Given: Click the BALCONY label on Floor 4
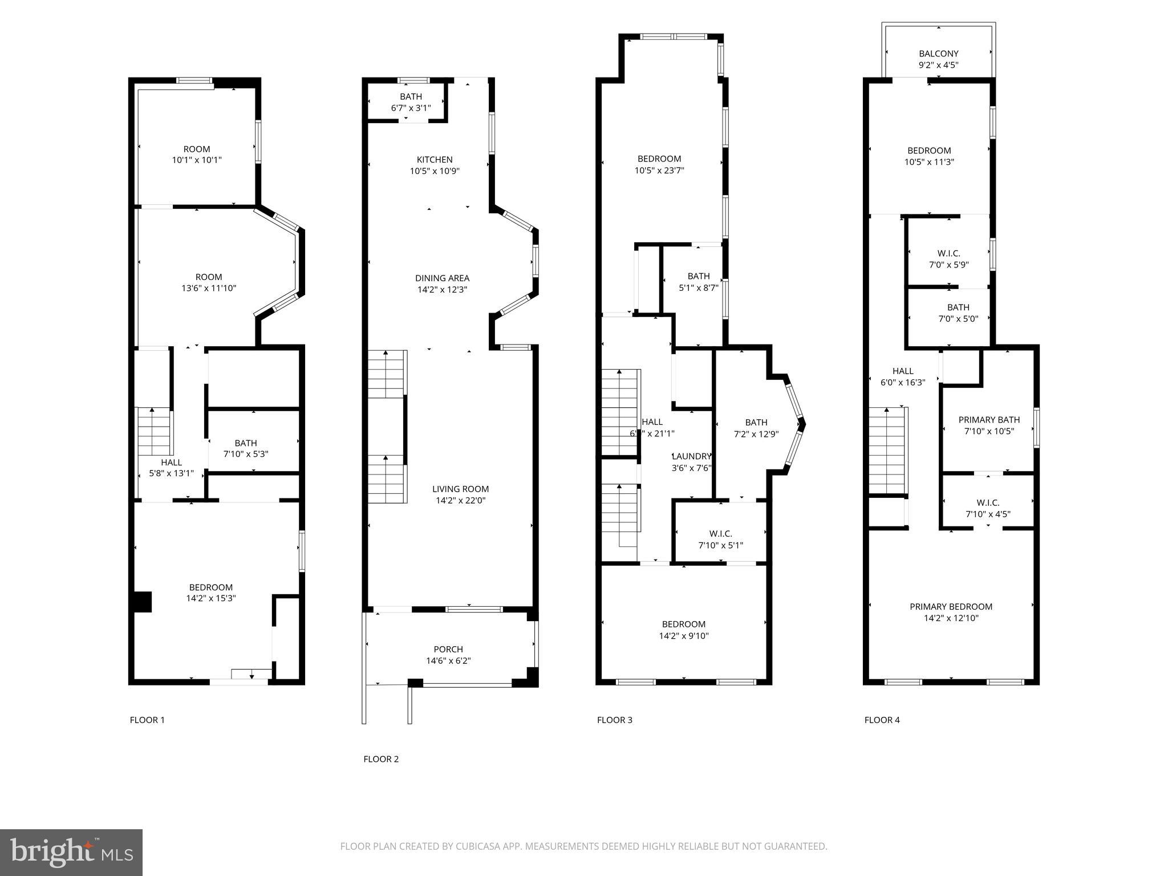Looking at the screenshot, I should pyautogui.click(x=938, y=54).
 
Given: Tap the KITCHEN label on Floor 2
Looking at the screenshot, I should pyautogui.click(x=435, y=160).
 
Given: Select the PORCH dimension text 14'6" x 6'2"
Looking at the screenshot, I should pyautogui.click(x=448, y=661).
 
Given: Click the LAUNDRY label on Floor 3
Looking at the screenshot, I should pyautogui.click(x=692, y=456).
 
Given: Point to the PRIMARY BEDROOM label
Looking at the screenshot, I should pyautogui.click(x=951, y=607).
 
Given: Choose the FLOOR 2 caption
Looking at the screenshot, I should pyautogui.click(x=381, y=759).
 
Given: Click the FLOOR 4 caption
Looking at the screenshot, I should pyautogui.click(x=882, y=720).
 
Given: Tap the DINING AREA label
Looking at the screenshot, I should pyautogui.click(x=442, y=278).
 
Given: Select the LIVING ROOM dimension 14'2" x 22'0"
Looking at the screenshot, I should pyautogui.click(x=460, y=501).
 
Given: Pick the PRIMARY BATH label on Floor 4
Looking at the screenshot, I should pyautogui.click(x=989, y=420).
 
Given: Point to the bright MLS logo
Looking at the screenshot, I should pyautogui.click(x=71, y=852).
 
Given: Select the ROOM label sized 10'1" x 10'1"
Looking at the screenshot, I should pyautogui.click(x=197, y=149).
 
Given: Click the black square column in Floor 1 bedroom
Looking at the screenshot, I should pyautogui.click(x=142, y=602).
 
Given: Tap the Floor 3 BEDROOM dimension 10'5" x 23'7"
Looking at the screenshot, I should pyautogui.click(x=659, y=171).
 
